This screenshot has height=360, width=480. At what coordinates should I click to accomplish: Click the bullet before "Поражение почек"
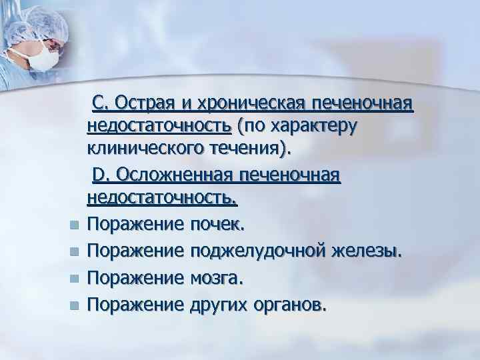point(74,225)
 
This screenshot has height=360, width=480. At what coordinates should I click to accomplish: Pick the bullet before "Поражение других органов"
point(74,305)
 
